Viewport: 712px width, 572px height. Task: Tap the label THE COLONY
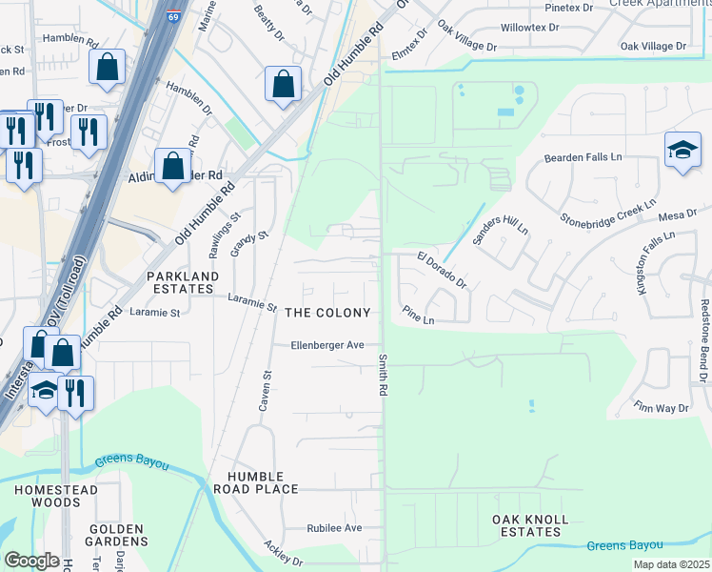pos(327,313)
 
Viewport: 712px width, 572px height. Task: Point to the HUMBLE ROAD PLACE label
pos(263,482)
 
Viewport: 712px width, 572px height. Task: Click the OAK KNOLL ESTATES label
pos(529,525)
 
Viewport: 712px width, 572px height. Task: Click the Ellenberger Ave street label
pos(327,345)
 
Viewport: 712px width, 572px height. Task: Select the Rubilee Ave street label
pos(334,527)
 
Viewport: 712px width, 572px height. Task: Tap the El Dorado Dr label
pos(442,269)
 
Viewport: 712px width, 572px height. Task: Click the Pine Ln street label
pos(418,316)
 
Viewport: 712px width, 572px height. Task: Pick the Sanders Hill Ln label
pos(501,220)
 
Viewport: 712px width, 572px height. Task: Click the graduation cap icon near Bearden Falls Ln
pos(682,151)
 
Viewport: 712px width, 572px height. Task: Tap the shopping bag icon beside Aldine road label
pos(172,167)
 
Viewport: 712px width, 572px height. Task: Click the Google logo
pos(31,561)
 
